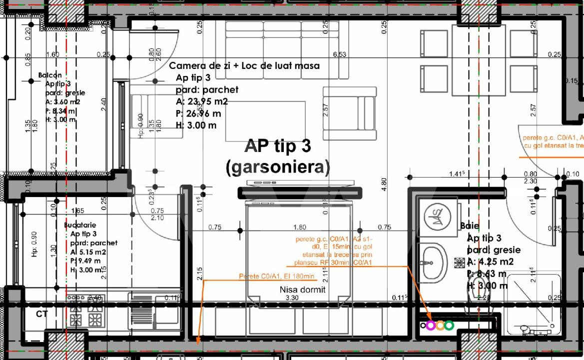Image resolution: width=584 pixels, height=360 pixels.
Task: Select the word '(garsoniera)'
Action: coord(277,167)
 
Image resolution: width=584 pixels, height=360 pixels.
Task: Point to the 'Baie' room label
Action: coord(470,226)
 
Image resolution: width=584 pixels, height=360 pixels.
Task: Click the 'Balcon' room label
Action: coord(50,75)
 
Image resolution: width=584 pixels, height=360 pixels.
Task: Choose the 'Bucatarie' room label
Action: coord(79,225)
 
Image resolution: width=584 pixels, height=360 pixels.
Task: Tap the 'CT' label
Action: coord(42,314)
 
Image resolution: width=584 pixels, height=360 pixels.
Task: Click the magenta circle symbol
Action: coord(431,325)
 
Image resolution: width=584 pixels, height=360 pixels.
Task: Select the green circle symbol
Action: coord(449,325)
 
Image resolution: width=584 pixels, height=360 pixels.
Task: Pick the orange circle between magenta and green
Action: coord(440,325)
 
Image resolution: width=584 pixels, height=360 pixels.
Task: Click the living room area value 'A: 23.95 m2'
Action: coord(203,102)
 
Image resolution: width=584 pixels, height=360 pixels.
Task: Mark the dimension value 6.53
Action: coord(340,54)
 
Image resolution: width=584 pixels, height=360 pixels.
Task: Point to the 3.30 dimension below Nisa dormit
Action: coord(291,298)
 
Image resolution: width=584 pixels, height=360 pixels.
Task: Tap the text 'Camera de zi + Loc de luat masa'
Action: coord(244,66)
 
